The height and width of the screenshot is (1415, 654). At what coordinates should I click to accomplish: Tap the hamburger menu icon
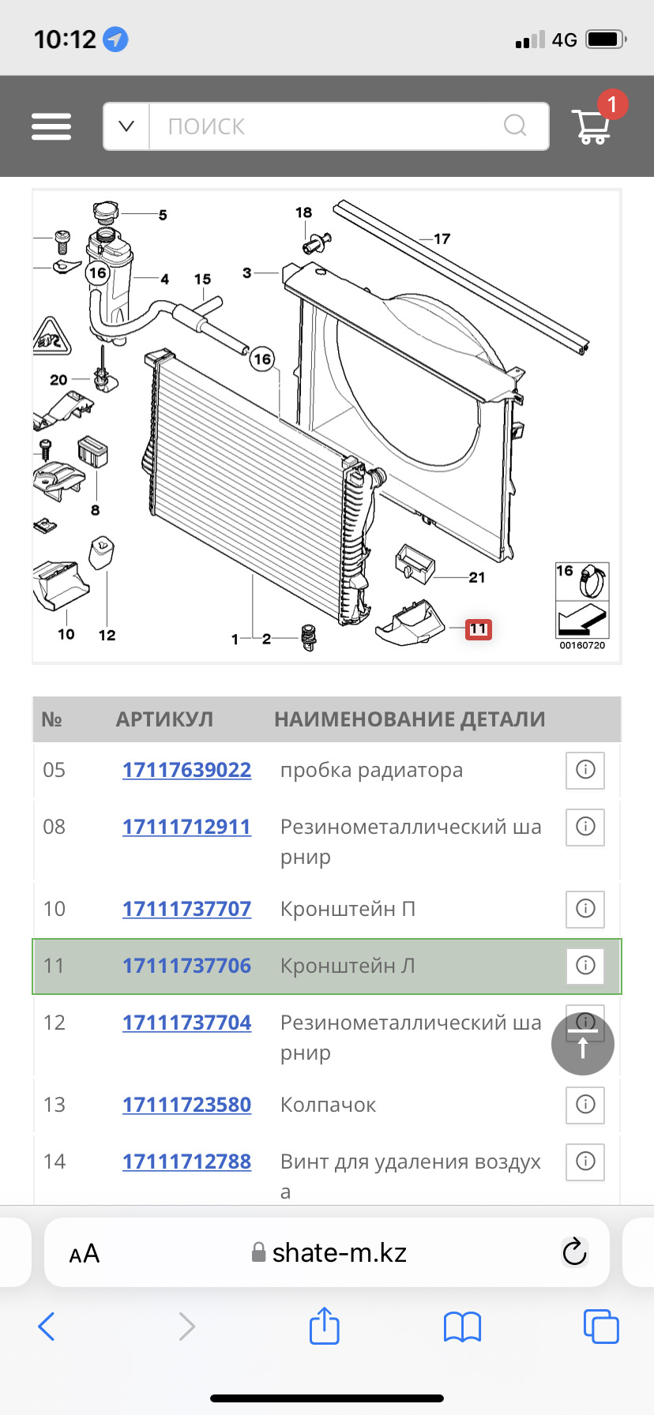click(x=51, y=126)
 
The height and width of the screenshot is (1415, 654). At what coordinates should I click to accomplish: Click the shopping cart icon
click(x=592, y=126)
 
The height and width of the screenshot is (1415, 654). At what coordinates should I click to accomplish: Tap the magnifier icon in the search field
click(x=515, y=126)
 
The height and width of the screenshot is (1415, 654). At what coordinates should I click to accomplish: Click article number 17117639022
click(x=186, y=770)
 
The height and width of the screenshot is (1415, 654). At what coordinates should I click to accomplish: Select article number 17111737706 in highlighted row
click(x=186, y=966)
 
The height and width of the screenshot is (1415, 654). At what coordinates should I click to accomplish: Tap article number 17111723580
click(x=186, y=1105)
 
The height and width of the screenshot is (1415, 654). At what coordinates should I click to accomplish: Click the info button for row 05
click(x=585, y=770)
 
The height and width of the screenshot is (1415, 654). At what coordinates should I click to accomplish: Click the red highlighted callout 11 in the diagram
click(x=478, y=629)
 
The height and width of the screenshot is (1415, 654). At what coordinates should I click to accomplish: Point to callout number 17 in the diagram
click(x=442, y=238)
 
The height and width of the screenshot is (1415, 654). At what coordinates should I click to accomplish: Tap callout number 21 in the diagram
click(x=476, y=577)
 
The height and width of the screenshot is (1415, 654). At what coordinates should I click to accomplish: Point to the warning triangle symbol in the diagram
click(x=51, y=339)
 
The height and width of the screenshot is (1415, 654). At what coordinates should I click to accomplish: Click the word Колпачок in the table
click(x=328, y=1105)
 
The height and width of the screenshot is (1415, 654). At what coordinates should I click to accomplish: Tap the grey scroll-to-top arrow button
click(x=583, y=1044)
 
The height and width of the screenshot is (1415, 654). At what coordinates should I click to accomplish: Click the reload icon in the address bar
click(x=574, y=1252)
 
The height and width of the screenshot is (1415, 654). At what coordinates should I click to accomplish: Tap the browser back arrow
click(x=47, y=1327)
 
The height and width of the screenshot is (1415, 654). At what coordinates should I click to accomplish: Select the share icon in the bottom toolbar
click(x=324, y=1326)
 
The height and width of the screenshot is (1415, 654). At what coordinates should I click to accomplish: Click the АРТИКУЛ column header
click(x=164, y=719)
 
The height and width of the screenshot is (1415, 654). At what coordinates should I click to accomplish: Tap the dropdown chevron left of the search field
click(x=126, y=126)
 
